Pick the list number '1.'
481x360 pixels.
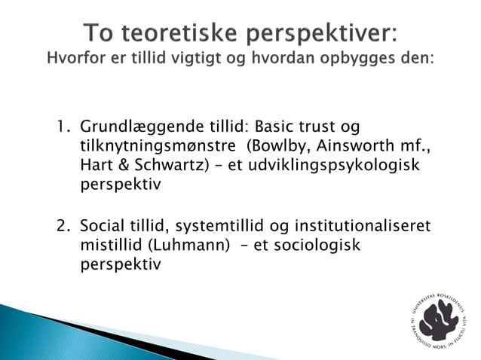coord(64,125)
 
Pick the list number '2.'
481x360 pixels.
coord(64,226)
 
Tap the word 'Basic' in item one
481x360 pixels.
coord(277,125)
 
